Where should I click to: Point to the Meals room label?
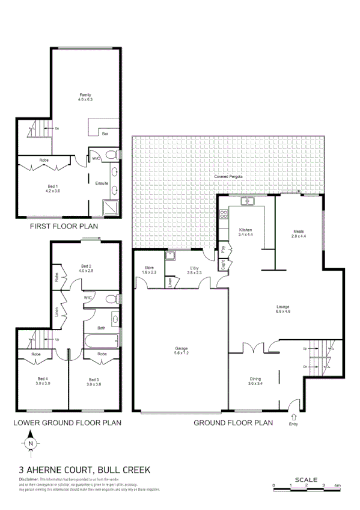[x=299, y=231]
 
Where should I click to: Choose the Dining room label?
[x=255, y=379]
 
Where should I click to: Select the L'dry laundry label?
[x=195, y=268]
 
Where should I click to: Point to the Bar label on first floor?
[x=105, y=134]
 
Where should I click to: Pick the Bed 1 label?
[x=53, y=187]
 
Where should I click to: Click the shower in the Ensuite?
[x=110, y=206]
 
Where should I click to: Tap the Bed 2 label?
[x=86, y=266]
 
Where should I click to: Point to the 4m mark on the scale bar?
[x=338, y=485]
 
